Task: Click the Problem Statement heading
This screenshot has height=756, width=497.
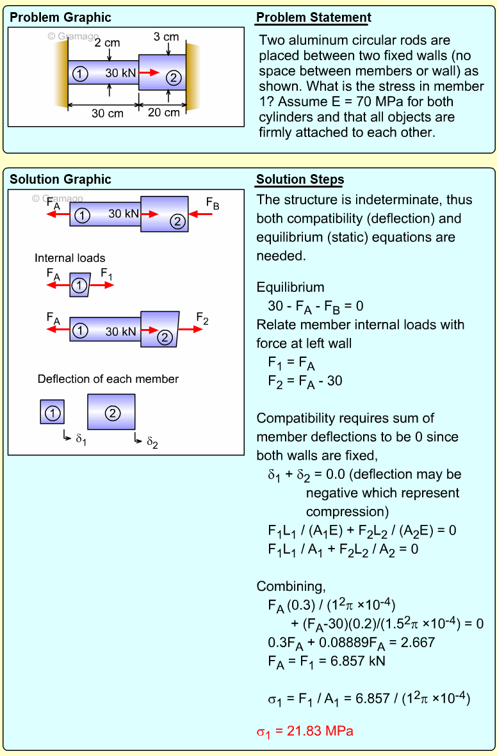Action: point(313,17)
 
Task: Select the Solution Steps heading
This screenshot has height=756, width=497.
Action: point(300,179)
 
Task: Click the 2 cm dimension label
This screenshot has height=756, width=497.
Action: point(107,43)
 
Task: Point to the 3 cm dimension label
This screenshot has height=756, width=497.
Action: point(166,36)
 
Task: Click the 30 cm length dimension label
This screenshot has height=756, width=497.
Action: point(107,113)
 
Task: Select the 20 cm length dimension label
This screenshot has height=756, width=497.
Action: point(164,113)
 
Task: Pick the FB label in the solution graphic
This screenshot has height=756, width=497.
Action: point(213,204)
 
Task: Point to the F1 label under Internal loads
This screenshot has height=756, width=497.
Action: point(106,273)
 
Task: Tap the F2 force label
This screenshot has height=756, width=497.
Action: point(202,318)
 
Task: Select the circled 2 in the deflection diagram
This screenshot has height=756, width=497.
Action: point(112,413)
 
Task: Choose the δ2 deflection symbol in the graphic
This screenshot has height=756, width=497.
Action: point(152,441)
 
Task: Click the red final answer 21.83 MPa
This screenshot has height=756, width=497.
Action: point(305,730)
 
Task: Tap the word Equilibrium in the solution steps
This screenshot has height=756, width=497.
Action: point(290,287)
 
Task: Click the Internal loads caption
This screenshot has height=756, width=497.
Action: point(70,258)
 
